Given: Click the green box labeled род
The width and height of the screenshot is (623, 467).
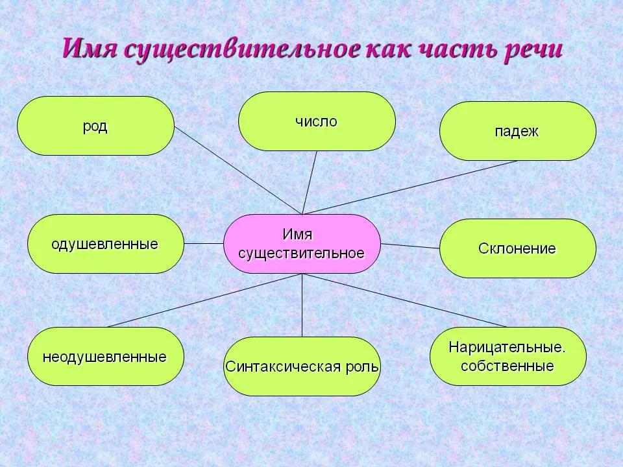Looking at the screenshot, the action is coord(95,125).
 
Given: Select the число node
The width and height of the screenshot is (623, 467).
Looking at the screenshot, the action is coord(317,121).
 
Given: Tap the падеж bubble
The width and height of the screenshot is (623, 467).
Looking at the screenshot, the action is coord(518,131).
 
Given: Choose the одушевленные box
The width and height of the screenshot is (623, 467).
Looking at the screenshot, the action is coord(106,244).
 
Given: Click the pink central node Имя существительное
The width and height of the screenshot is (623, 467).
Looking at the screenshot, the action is coord(302,244).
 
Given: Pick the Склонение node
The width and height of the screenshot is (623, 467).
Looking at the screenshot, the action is coord(518,248).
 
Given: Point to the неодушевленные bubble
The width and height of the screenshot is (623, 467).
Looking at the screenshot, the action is coord(106,356).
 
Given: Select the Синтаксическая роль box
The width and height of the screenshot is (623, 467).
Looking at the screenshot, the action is coord(302,366).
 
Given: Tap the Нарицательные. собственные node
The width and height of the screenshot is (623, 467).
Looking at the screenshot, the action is coord(507,356).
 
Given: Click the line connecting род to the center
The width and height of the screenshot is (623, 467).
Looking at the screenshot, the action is coord(238,171).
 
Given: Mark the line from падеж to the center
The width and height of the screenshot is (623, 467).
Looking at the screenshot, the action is coord(409,188).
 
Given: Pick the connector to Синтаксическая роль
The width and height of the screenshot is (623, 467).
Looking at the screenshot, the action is coord(302,305).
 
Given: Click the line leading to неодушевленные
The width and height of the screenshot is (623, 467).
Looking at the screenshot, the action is coord(204,300).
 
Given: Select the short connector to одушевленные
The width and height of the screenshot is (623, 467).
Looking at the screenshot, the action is coord(204,243).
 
